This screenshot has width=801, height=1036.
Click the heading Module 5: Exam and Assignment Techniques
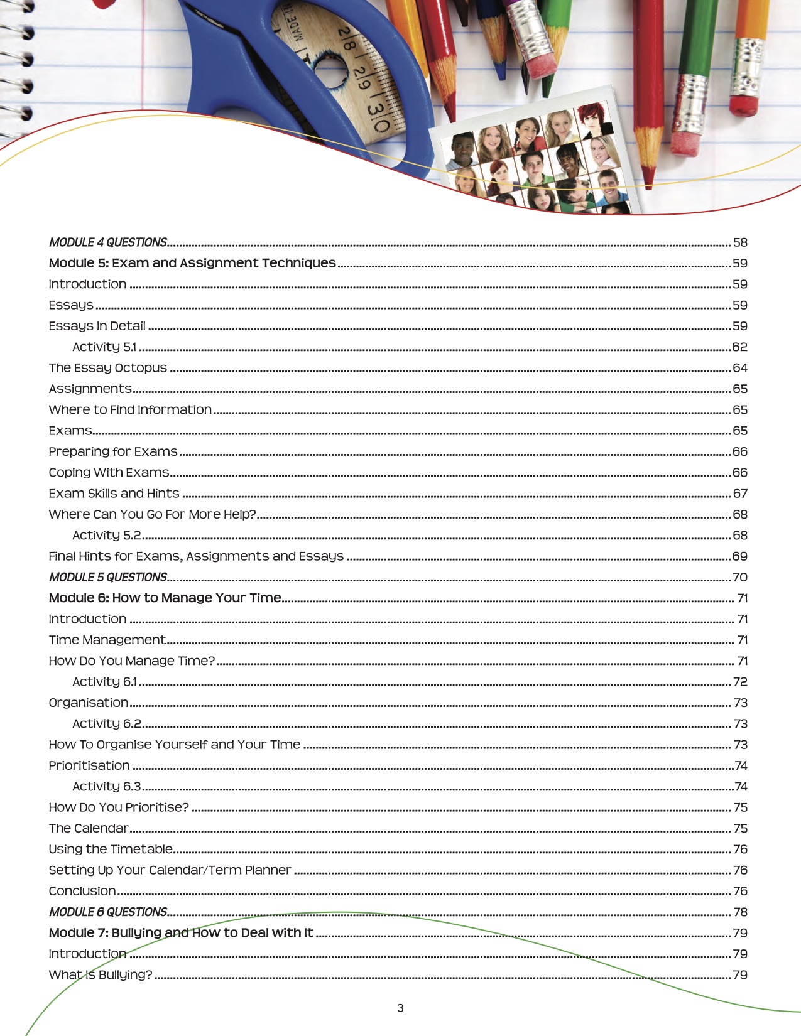coord(192,263)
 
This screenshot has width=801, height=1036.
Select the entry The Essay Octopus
coord(108,368)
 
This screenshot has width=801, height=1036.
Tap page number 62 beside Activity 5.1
coord(739,347)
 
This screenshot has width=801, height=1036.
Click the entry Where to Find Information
coord(130,410)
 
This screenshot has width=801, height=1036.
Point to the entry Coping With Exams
coord(109,473)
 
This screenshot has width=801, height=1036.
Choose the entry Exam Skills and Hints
coord(114,494)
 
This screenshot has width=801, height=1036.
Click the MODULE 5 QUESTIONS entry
coord(108,577)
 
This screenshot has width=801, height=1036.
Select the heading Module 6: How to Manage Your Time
coord(165,598)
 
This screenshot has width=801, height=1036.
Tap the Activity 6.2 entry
coord(107,724)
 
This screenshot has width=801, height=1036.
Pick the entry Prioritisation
coord(89,765)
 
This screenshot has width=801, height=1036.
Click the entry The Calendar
coord(89,828)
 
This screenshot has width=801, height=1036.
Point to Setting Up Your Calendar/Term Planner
coord(170,870)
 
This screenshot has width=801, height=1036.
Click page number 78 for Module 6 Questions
coord(740,912)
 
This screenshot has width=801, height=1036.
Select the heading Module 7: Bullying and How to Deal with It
coord(181,933)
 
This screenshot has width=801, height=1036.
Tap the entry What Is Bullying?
coord(101,975)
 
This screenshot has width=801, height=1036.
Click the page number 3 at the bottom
coord(400,1008)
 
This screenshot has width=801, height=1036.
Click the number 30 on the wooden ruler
coord(378,118)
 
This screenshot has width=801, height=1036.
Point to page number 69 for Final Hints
coord(739,556)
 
